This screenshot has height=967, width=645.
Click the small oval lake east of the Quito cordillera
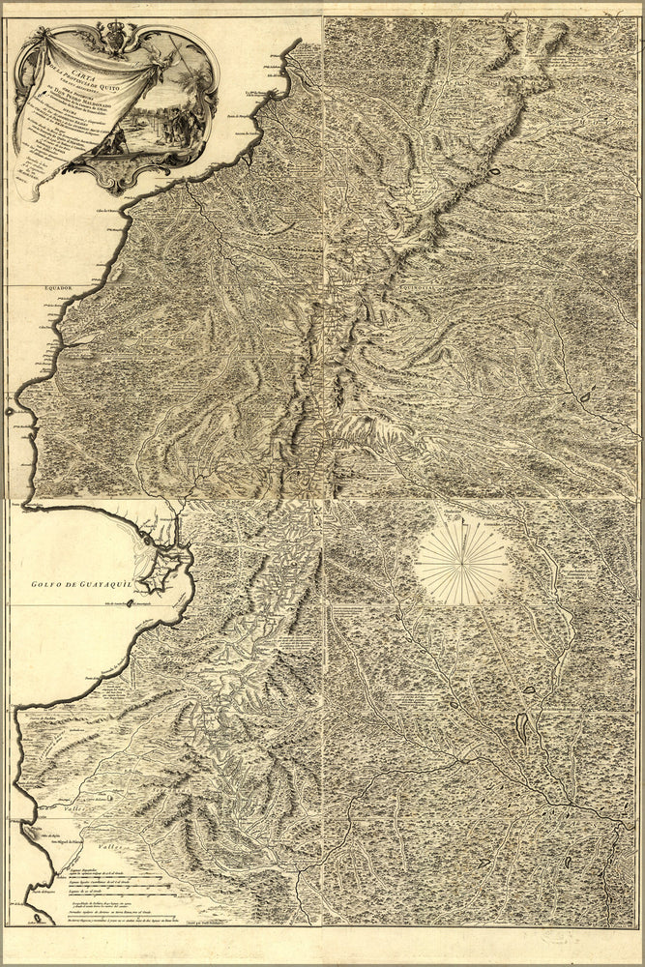point(494,173)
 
